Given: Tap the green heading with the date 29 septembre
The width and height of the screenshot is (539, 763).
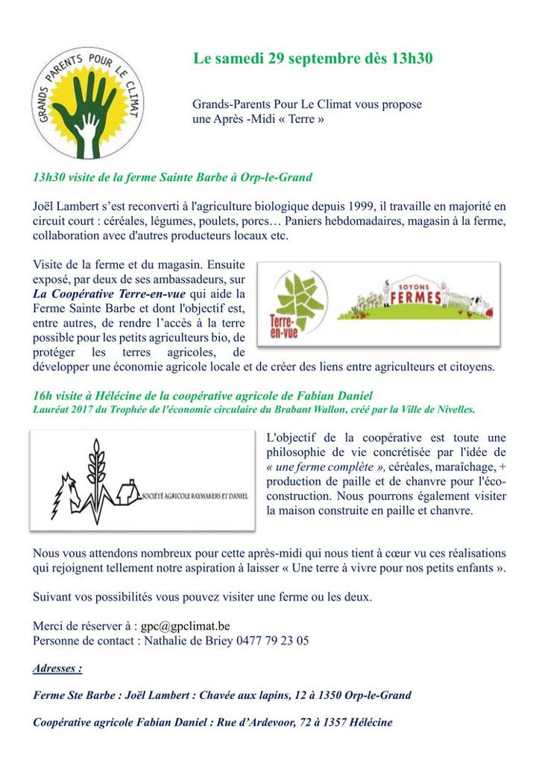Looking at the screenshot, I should coord(313,58).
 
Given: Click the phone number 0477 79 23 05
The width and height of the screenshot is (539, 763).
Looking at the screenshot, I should coord(277,641).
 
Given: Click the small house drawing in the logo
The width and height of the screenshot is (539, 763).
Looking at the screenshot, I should coord(127,493).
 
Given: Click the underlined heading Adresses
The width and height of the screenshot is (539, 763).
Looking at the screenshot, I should coord(57,669).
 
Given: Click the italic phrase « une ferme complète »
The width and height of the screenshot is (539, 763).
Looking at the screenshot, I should coord(325,466).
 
